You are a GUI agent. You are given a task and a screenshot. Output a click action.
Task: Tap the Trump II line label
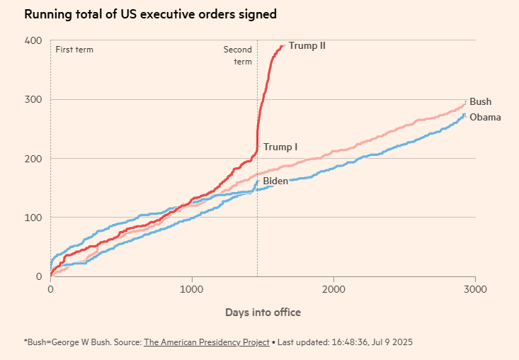307,46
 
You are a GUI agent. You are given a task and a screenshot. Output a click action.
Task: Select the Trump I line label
280,147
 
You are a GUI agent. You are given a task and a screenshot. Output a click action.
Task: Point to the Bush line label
480,101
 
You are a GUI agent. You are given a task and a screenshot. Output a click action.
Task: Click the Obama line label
485,117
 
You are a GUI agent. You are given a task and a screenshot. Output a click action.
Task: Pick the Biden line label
275,181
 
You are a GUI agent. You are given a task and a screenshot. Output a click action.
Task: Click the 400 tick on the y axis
33,40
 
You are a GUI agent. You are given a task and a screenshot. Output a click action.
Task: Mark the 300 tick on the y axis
33,99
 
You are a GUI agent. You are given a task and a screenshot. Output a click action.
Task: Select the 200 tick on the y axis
33,158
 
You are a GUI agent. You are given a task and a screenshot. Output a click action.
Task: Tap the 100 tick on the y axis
33,217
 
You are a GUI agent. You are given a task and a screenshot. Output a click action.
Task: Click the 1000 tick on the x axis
192,289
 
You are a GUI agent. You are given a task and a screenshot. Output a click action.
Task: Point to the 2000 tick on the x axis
333,289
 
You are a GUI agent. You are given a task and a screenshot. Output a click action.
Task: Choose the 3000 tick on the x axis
475,289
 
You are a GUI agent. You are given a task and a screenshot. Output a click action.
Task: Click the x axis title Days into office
263,312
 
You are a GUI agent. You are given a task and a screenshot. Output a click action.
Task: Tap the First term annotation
74,50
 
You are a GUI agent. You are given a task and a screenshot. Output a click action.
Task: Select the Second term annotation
238,55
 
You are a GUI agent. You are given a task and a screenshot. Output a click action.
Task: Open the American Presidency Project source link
207,342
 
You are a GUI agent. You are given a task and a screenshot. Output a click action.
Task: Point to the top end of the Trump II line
283,46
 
